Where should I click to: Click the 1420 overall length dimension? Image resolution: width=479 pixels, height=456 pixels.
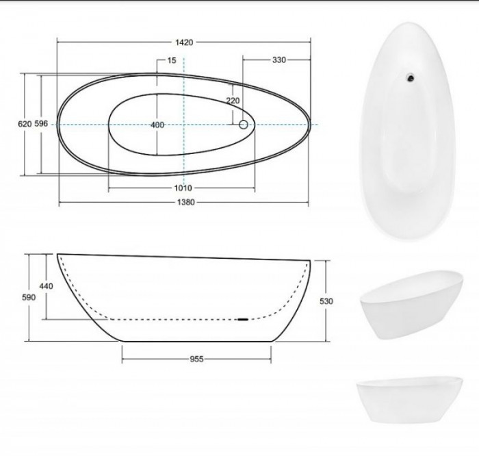pos(184,42)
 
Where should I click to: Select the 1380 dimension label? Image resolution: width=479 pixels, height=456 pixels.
pos(185,202)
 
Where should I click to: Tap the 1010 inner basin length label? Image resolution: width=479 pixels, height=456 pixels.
pos(183,188)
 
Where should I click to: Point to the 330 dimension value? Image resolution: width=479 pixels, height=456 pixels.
pos(279,60)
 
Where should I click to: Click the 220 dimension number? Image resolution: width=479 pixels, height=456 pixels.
pos(233,100)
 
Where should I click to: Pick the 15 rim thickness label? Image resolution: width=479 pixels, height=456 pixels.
pos(172,60)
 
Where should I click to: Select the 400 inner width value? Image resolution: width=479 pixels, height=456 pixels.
pos(157,125)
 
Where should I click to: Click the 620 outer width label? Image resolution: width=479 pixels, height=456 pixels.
pos(25,124)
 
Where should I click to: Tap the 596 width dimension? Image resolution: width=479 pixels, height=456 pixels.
pos(41,123)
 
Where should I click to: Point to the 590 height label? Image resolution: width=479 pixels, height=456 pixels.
pos(29,297)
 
